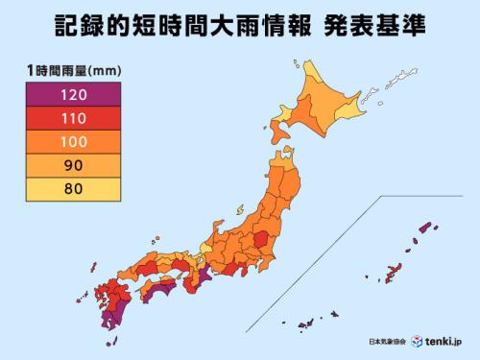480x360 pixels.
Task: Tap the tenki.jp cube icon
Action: pos(418,341)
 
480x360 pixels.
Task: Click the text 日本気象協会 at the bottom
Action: pos(389,342)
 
